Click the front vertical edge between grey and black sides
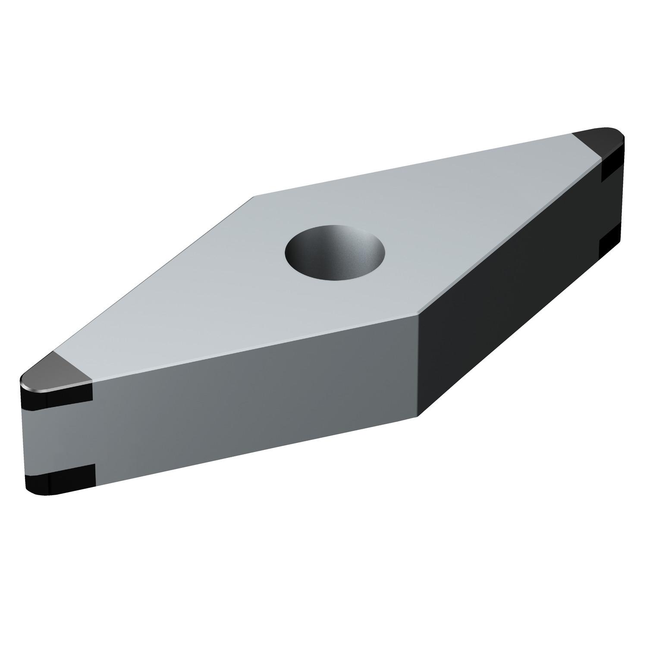click(x=418, y=367)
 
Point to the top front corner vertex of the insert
click(x=418, y=316)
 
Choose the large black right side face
click(x=509, y=302)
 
